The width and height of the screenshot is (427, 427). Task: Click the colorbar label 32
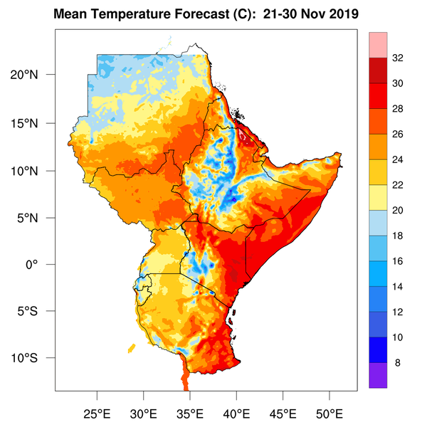pos(398,58)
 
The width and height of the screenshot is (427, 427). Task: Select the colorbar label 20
pos(398,211)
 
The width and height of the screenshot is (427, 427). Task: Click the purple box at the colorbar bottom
pos(378,375)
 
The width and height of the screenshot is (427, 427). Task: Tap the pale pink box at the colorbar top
pos(378,45)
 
